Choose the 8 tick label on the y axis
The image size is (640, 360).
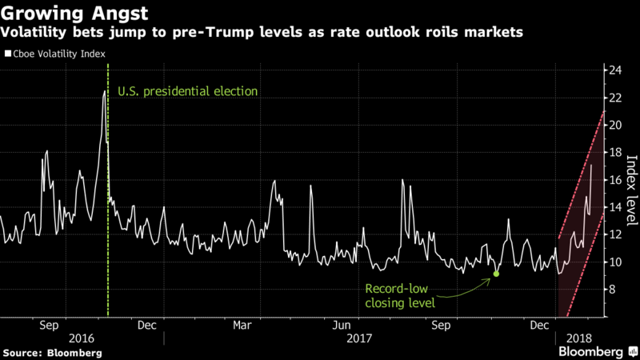tap(614, 290)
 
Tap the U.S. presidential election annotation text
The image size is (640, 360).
tap(187, 91)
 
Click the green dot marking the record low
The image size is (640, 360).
tap(497, 274)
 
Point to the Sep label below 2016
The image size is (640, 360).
tap(49, 326)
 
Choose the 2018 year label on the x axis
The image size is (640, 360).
tap(578, 339)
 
